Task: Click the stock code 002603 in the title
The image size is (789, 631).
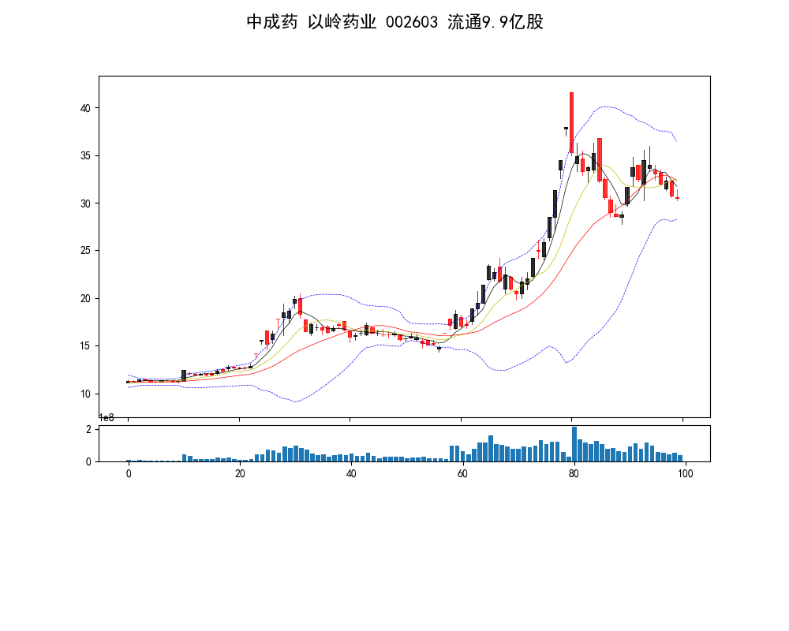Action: [x=413, y=22]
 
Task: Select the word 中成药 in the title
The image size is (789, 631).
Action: [x=272, y=22]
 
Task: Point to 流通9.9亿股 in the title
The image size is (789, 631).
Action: [x=495, y=22]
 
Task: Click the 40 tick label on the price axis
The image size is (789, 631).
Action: [x=87, y=108]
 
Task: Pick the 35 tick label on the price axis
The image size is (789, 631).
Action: [x=87, y=155]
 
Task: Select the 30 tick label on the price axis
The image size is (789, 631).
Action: [x=87, y=203]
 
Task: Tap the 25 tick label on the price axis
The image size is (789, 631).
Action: [x=87, y=251]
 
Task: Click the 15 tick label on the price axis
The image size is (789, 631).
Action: [x=87, y=346]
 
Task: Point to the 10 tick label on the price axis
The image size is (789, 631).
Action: [x=87, y=394]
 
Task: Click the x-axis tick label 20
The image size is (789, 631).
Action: [x=240, y=474]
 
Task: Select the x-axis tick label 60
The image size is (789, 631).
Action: [x=462, y=474]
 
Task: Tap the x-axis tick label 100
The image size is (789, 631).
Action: [x=686, y=474]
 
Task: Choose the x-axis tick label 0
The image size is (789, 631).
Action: [x=129, y=474]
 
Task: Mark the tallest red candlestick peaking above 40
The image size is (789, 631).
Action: [x=571, y=122]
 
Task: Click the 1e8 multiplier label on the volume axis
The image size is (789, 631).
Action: [x=107, y=417]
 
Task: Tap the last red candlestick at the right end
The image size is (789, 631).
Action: [x=677, y=198]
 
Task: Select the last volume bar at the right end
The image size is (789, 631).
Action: [x=680, y=458]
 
